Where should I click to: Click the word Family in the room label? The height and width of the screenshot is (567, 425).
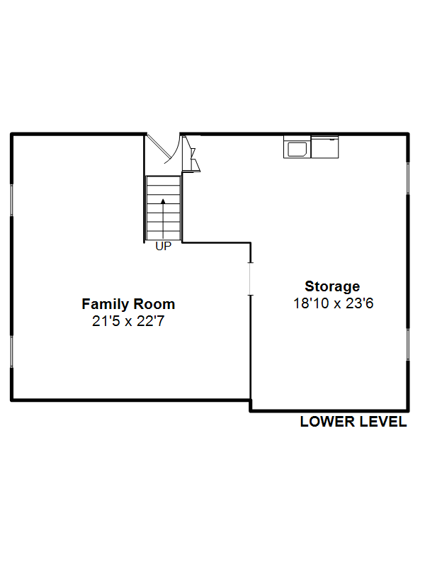click(105, 305)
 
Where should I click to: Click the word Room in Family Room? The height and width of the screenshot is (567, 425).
click(154, 304)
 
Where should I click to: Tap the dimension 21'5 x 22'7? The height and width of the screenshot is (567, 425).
click(128, 321)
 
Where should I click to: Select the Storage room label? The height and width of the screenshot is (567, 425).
click(332, 287)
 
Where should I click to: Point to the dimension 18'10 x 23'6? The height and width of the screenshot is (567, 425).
click(333, 303)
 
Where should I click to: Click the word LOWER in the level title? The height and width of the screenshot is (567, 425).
click(328, 422)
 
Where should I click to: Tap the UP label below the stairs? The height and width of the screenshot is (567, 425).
click(164, 246)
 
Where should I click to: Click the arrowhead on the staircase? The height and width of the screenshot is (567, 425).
click(163, 201)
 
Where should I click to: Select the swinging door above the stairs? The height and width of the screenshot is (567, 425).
click(163, 148)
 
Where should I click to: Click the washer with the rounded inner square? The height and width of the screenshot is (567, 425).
click(297, 147)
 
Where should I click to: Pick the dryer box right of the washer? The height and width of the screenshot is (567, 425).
click(325, 147)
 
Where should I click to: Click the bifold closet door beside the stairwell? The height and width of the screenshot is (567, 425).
click(191, 154)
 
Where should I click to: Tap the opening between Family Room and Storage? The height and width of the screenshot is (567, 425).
click(250, 279)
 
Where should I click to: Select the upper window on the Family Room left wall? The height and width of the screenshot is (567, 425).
click(11, 201)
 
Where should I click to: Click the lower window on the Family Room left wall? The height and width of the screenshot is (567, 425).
click(11, 352)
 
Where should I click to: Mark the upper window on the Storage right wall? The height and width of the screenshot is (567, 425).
click(409, 179)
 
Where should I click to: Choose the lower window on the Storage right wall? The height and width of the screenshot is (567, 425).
click(409, 344)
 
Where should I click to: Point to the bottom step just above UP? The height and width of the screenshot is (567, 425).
click(164, 235)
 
